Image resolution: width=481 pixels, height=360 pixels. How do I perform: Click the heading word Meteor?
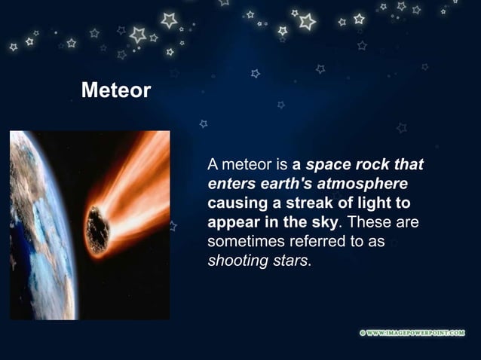coord(115,91)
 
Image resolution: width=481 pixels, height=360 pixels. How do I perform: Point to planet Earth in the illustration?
coord(38,226)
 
